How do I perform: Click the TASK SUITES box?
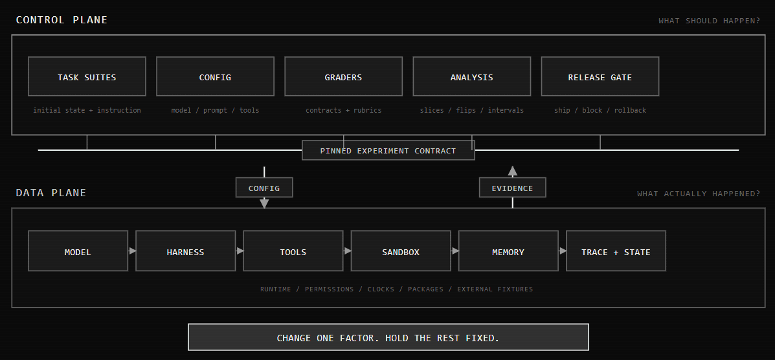click(87, 76)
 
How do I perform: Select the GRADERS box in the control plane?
click(344, 76)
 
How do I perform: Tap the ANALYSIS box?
click(471, 76)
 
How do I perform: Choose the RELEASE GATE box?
click(600, 76)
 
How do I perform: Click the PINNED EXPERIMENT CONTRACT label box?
click(388, 150)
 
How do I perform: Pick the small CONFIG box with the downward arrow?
click(264, 187)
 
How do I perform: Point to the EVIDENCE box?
click(513, 187)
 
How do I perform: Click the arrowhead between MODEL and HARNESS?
click(133, 251)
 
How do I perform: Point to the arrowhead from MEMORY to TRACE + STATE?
click(563, 251)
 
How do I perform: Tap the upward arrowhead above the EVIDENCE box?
click(513, 171)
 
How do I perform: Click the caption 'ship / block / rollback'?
click(600, 110)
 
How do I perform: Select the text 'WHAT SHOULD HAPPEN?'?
click(709, 21)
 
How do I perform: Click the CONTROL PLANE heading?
click(62, 20)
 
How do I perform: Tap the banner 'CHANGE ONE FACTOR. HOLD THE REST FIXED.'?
click(388, 337)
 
